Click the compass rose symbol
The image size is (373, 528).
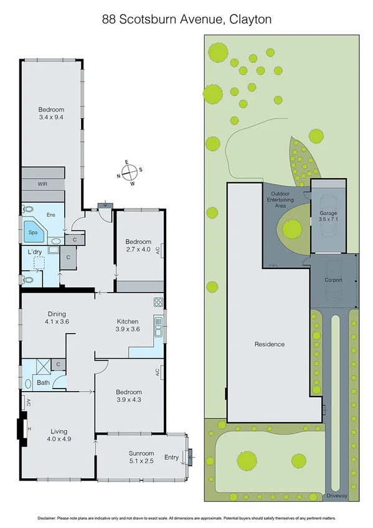pos(129,172)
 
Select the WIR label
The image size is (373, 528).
pos(42,184)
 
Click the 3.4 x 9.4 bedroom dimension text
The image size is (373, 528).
pos(51,116)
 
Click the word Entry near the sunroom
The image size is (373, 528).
pos(171,458)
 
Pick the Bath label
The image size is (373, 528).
pos(43,383)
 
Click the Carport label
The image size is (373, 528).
pos(333,280)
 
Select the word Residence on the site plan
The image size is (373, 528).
pos(269,344)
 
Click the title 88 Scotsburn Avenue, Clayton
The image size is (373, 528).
pos(187,20)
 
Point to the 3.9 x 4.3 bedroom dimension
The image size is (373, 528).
pos(129,400)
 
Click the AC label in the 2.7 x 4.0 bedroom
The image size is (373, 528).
pos(158,250)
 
